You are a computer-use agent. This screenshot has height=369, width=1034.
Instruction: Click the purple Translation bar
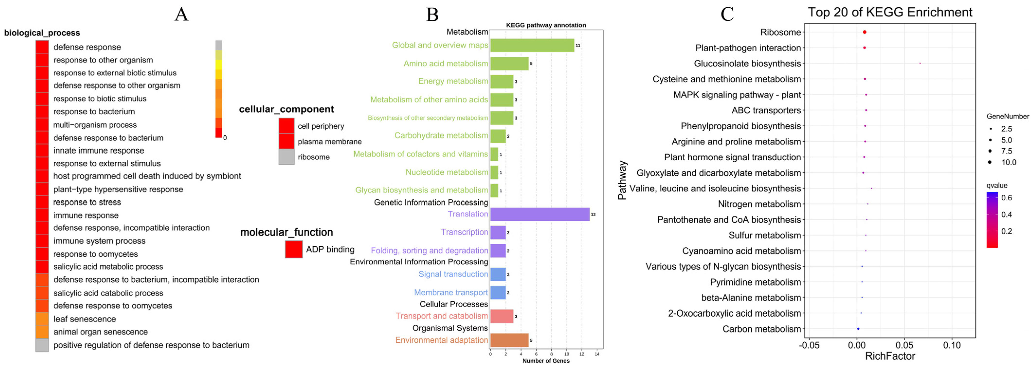tap(539, 214)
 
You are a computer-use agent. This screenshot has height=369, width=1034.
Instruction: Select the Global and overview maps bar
tap(532, 45)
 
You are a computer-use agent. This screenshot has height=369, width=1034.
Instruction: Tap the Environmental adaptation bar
tap(509, 340)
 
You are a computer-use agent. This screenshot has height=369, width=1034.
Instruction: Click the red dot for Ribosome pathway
tap(865, 32)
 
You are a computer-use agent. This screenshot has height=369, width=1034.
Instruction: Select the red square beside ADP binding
tap(293, 249)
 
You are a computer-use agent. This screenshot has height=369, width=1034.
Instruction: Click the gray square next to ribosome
tap(287, 157)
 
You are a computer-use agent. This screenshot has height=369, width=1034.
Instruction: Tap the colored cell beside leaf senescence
tap(42, 319)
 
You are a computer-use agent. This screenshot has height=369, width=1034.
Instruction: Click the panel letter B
tap(432, 15)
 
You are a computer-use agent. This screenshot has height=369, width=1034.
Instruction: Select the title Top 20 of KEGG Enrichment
tap(890, 12)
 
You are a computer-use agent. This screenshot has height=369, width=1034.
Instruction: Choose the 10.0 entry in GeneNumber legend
tap(1003, 162)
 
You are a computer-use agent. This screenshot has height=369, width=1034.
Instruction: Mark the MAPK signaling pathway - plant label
tap(737, 95)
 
